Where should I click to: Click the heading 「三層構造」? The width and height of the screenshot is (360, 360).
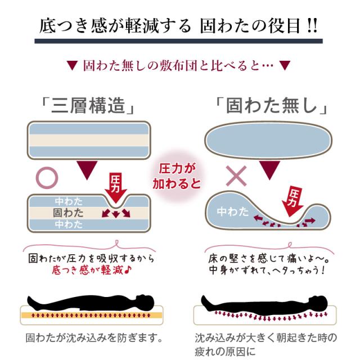[x=88, y=106]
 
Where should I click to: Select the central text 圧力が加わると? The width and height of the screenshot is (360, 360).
[x=176, y=175]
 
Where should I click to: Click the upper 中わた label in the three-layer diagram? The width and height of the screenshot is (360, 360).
[x=68, y=201]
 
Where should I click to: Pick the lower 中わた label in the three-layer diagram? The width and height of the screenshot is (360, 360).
[x=68, y=224]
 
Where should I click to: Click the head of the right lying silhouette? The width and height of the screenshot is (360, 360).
[x=318, y=299]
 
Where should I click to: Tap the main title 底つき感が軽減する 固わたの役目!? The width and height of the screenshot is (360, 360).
[x=179, y=26]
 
